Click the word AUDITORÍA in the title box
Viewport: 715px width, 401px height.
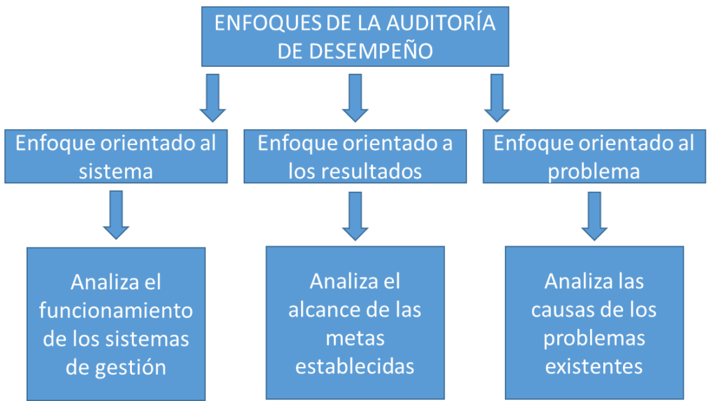tap(441, 23)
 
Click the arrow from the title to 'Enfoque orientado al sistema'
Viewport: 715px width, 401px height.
tap(212, 98)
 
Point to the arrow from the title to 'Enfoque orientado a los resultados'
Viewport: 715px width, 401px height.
tap(355, 98)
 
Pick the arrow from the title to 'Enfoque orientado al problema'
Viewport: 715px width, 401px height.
tap(496, 98)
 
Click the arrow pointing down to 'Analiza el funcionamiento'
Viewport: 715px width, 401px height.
tap(116, 215)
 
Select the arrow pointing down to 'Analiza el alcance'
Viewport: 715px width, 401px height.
tap(355, 216)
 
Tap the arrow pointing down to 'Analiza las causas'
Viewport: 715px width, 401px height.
tap(594, 216)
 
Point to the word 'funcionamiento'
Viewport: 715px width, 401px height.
tap(116, 310)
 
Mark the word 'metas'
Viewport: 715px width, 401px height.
tap(355, 338)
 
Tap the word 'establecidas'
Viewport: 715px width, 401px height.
tap(355, 366)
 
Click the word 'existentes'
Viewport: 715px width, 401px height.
tap(594, 366)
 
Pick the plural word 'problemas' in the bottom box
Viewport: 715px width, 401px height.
tap(594, 339)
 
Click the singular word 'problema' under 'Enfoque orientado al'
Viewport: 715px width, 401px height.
tap(594, 172)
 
